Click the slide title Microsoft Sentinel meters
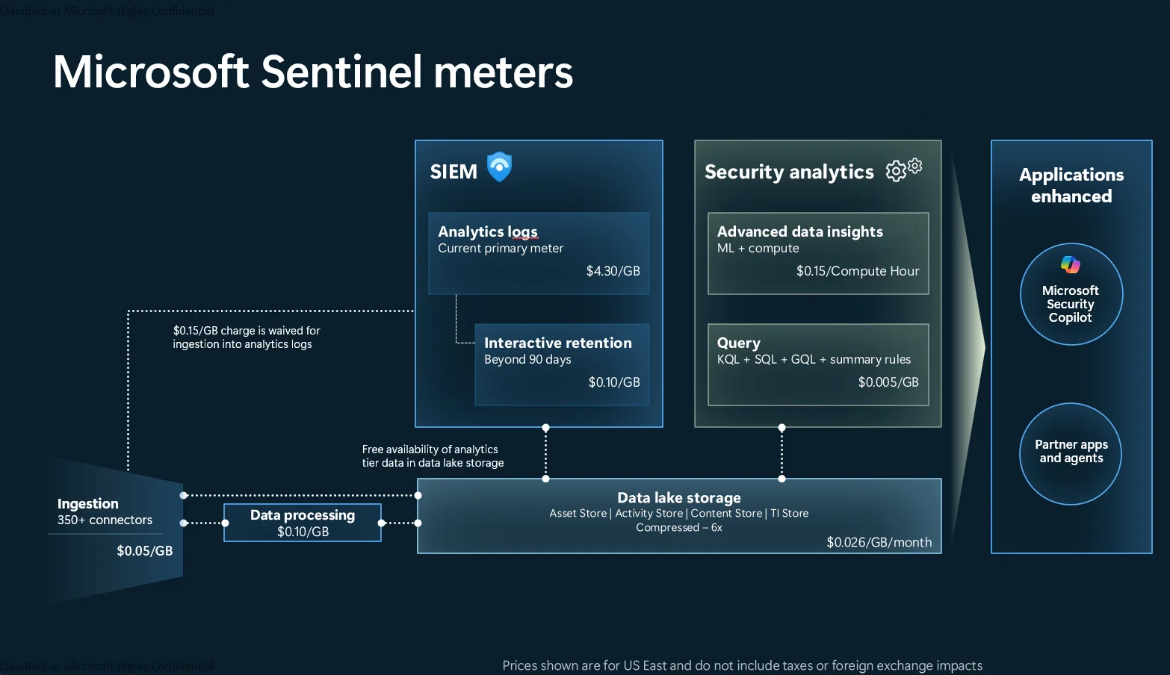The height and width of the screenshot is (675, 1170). [312, 72]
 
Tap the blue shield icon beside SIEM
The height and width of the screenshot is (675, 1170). [499, 167]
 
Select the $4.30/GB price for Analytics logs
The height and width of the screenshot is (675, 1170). [613, 271]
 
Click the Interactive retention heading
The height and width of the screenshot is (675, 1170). [557, 343]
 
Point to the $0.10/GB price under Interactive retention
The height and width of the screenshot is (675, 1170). [613, 382]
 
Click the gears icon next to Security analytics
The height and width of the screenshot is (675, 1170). [903, 169]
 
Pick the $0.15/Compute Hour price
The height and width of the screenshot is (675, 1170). [857, 271]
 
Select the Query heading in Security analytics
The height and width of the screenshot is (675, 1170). [738, 343]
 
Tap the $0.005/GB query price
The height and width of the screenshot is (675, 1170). [888, 382]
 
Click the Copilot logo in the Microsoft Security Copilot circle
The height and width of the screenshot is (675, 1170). [1070, 264]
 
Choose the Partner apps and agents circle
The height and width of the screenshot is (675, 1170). [1071, 452]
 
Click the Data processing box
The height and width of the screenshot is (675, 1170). [303, 523]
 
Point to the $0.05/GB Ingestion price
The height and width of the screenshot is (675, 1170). [144, 551]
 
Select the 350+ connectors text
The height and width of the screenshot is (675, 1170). [105, 520]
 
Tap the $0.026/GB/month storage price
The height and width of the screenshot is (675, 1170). [879, 542]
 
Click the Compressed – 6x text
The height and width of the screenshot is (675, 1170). [678, 527]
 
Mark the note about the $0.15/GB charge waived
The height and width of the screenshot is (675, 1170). [246, 337]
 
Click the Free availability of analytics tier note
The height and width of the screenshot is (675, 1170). [433, 456]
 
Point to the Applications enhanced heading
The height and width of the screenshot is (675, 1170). [1071, 185]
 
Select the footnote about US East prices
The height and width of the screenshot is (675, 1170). [742, 665]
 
